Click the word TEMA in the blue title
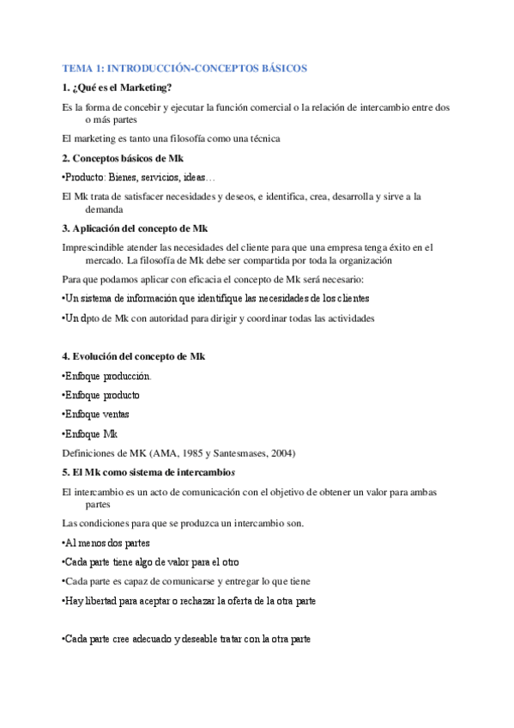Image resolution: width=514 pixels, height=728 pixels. click(78, 67)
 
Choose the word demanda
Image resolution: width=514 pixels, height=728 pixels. click(105, 209)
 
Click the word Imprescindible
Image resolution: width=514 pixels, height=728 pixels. click(96, 247)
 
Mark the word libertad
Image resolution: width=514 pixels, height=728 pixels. click(102, 601)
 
